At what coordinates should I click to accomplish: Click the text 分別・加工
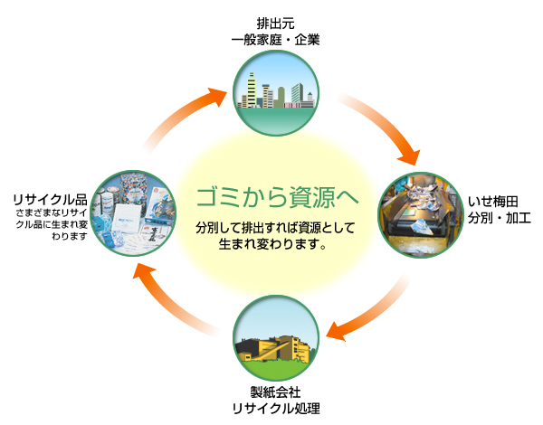point(499,220)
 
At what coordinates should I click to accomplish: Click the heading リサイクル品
point(50,198)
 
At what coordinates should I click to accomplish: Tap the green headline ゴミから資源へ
point(277,196)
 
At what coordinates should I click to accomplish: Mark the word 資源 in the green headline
point(307,196)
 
